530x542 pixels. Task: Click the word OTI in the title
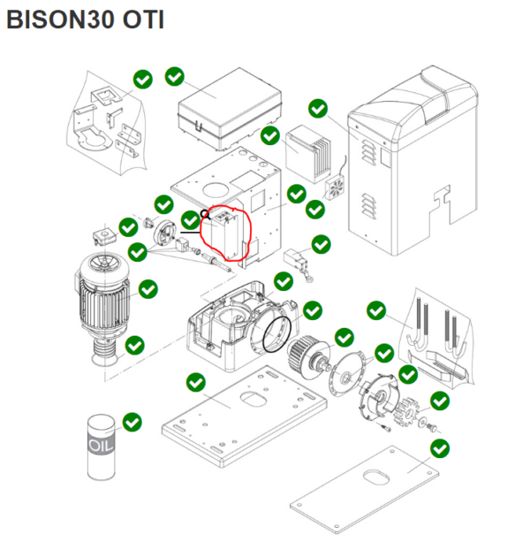[x=143, y=20]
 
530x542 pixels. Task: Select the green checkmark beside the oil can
[x=132, y=422]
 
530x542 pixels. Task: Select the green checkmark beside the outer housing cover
[x=319, y=109]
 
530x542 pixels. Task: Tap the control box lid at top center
[x=217, y=111]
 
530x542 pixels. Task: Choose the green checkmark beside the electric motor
[x=148, y=288]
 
